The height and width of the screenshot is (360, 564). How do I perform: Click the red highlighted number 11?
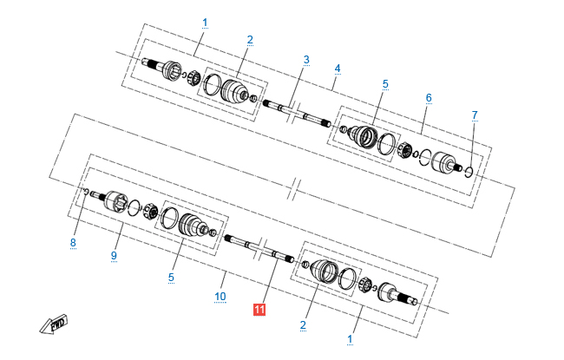pyautogui.click(x=259, y=310)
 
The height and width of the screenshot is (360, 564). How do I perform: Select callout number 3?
pyautogui.click(x=306, y=60)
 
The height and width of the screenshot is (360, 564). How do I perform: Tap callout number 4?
pyautogui.click(x=337, y=69)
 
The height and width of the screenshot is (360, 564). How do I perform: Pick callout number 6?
pyautogui.click(x=429, y=98)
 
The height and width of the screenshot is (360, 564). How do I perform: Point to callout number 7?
pyautogui.click(x=475, y=115)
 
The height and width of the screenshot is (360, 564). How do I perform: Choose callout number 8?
pyautogui.click(x=73, y=243)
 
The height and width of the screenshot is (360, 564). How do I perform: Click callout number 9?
pyautogui.click(x=114, y=256)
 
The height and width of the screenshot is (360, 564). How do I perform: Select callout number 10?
pyautogui.click(x=220, y=297)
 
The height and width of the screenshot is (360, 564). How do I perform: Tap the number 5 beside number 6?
pyautogui.click(x=385, y=84)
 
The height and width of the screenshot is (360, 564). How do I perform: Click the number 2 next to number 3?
pyautogui.click(x=250, y=40)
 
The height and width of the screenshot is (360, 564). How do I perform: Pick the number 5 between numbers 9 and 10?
pyautogui.click(x=171, y=278)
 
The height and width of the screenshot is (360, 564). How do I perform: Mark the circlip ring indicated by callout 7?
pyautogui.click(x=469, y=172)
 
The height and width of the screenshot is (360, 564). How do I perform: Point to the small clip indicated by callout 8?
pyautogui.click(x=86, y=191)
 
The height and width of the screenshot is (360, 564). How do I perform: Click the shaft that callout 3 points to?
pyautogui.click(x=297, y=114)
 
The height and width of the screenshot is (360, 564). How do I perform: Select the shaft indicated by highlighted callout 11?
pyautogui.click(x=259, y=248)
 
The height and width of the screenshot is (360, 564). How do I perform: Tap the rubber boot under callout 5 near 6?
pyautogui.click(x=364, y=137)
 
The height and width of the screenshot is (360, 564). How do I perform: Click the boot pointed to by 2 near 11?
pyautogui.click(x=324, y=271)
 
